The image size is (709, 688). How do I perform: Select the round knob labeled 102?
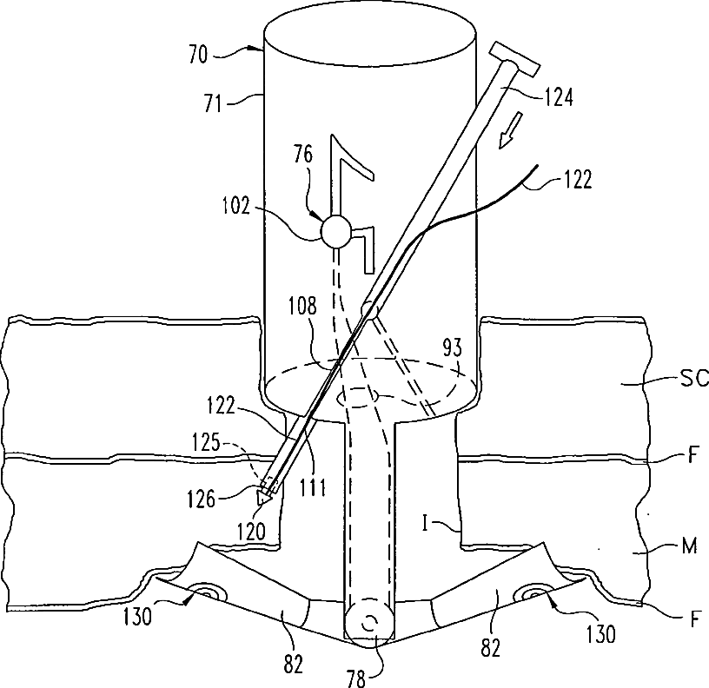(335, 231)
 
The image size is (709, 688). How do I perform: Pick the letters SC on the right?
(692, 379)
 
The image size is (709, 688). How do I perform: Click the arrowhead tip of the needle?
(262, 499)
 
